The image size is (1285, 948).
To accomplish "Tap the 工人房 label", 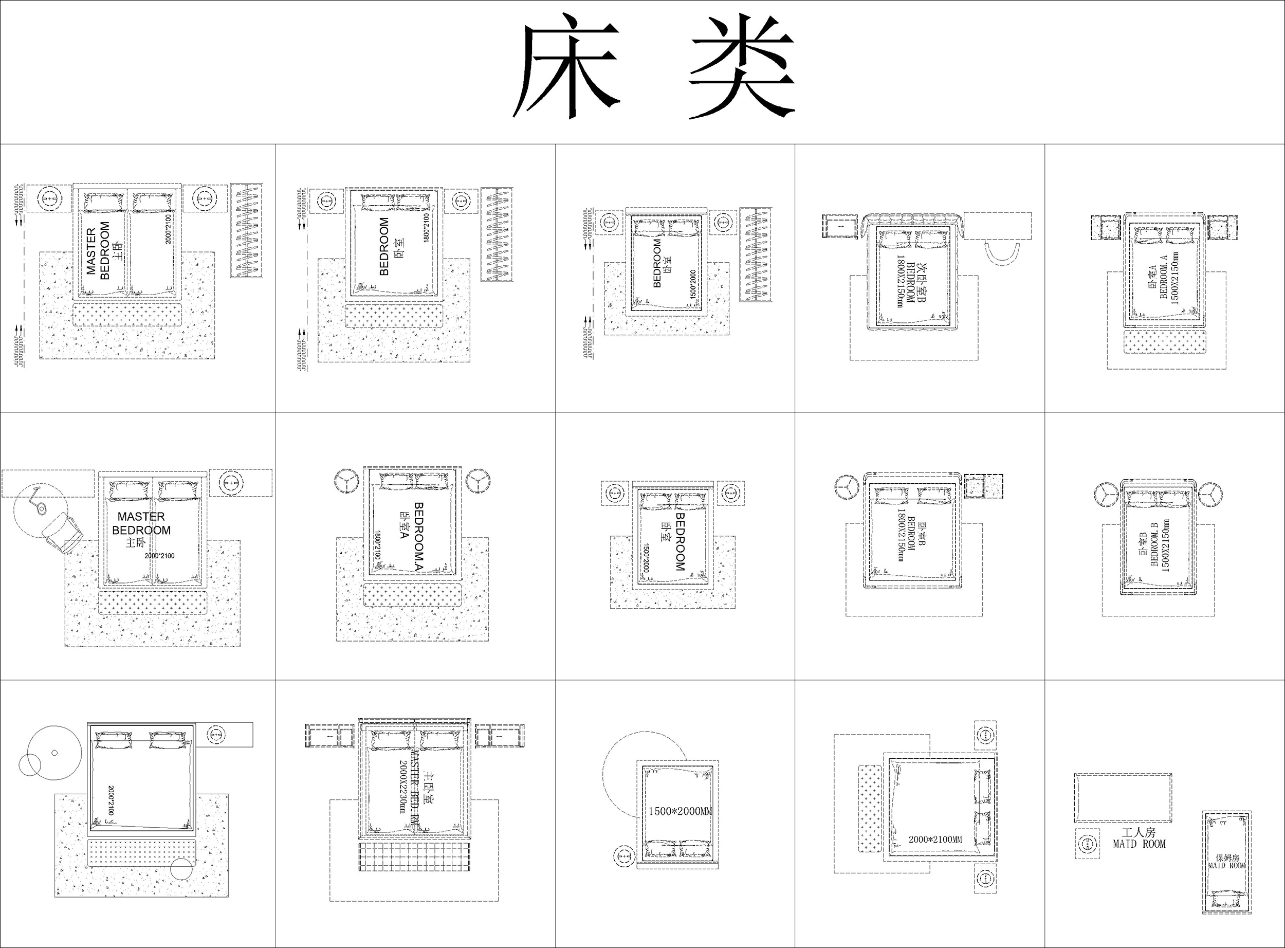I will coord(1139,832).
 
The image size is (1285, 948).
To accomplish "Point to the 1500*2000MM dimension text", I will coord(680,811).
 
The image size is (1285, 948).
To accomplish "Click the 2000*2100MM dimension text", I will coord(935,840).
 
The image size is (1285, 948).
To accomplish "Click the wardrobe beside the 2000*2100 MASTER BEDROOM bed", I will coord(247,231).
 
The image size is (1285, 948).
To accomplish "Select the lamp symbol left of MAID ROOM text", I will coord(1087,844).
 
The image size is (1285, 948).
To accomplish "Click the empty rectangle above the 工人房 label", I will coord(1123,798).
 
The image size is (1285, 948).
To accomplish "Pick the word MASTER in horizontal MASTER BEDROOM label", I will coord(141,517).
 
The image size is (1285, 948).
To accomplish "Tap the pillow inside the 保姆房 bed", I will coord(1226,900).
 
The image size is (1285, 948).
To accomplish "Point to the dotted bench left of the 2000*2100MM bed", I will coord(870,809).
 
